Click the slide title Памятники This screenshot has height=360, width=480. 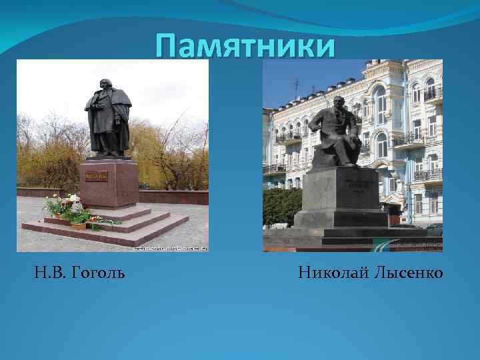244,47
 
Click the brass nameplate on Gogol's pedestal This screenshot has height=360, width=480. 96,176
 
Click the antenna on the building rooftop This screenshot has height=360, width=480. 297,87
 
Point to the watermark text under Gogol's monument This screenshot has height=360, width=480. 170,248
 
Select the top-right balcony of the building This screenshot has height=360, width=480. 432,93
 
